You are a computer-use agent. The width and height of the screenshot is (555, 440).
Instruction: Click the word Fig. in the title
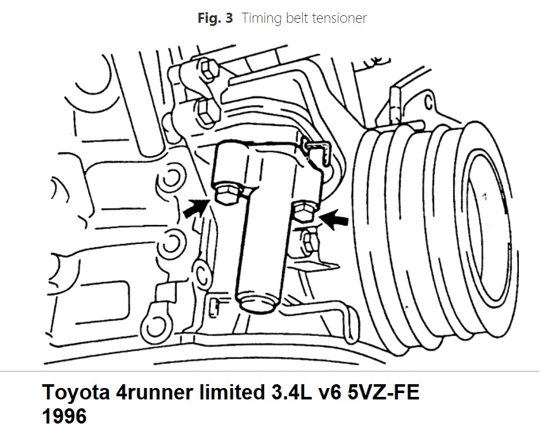210,18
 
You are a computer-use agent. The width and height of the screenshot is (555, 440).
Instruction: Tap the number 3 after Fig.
229,18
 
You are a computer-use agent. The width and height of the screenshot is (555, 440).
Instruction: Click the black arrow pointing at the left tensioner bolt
195,208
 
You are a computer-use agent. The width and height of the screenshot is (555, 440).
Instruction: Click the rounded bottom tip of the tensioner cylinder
257,304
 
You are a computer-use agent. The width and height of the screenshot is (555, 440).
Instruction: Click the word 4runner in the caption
155,393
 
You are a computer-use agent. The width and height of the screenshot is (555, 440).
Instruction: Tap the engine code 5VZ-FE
383,392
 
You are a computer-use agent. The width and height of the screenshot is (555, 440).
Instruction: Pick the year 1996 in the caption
65,416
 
